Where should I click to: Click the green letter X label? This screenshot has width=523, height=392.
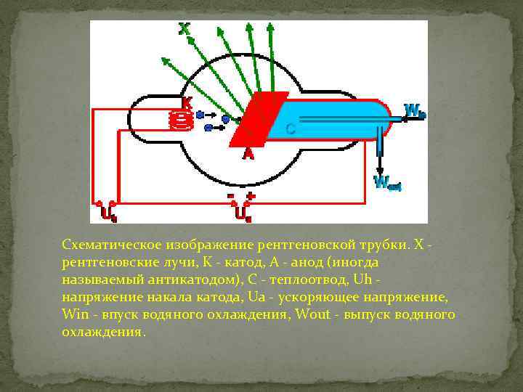[185, 28]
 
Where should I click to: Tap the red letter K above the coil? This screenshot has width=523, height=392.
[187, 104]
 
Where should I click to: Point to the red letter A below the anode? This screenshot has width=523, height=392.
[248, 153]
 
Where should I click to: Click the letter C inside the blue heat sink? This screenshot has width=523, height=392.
[290, 130]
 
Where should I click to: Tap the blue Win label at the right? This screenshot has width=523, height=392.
[415, 111]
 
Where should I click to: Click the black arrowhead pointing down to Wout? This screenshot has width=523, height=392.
[379, 169]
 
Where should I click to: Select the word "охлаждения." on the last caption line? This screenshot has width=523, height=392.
[104, 332]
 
